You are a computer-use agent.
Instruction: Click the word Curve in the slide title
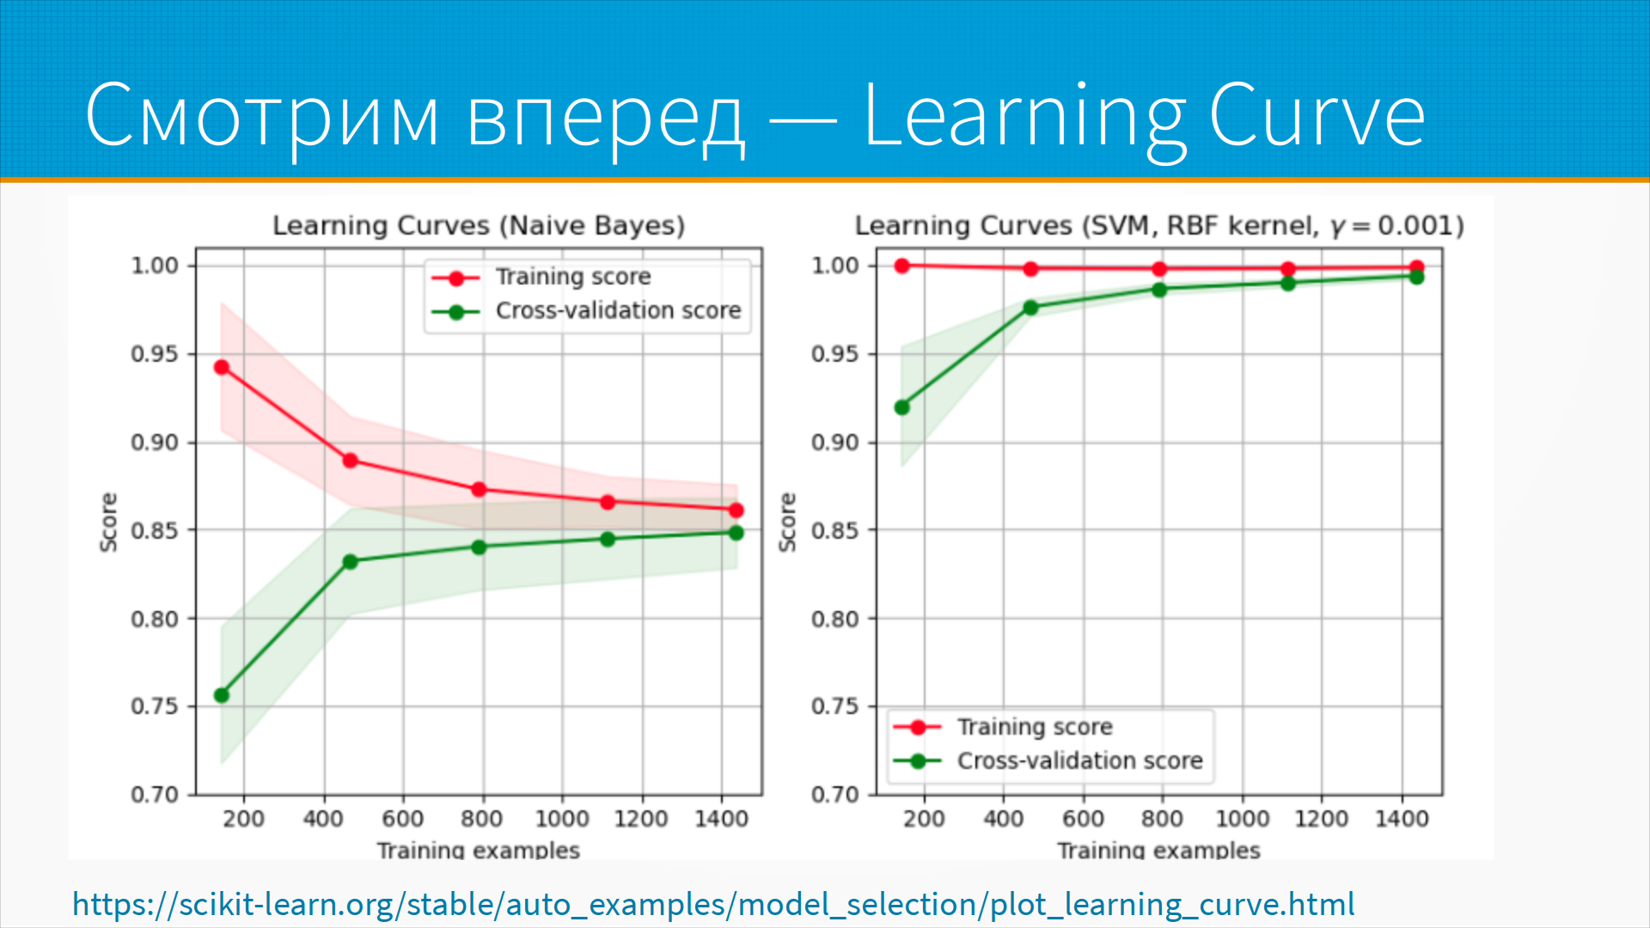tap(1317, 115)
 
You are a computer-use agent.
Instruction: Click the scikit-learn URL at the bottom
tap(713, 904)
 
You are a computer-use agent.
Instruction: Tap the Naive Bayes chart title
tap(479, 226)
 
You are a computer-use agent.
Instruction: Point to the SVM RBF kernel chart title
tap(1158, 226)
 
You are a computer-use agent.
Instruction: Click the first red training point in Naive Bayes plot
tap(222, 368)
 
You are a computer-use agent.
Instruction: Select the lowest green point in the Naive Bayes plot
tap(222, 695)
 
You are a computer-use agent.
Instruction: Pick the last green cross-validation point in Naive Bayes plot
tap(736, 533)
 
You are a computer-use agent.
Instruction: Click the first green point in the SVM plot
tap(902, 407)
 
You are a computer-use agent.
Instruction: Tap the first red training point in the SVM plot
tap(902, 266)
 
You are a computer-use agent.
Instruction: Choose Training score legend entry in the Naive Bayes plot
tap(573, 277)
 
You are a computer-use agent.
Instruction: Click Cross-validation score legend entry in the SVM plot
tap(1079, 760)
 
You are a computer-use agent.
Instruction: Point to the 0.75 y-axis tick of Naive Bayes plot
tap(155, 706)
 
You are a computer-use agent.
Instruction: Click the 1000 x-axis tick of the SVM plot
tap(1242, 819)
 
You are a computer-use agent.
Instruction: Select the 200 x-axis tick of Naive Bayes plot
tap(243, 819)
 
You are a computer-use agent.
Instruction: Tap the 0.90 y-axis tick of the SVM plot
tap(835, 443)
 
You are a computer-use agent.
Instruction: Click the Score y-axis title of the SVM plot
tap(787, 522)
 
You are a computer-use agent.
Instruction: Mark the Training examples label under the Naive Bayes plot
tap(479, 850)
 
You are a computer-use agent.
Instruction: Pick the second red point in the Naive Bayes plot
tap(350, 461)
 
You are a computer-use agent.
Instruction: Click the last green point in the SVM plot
tap(1416, 277)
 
